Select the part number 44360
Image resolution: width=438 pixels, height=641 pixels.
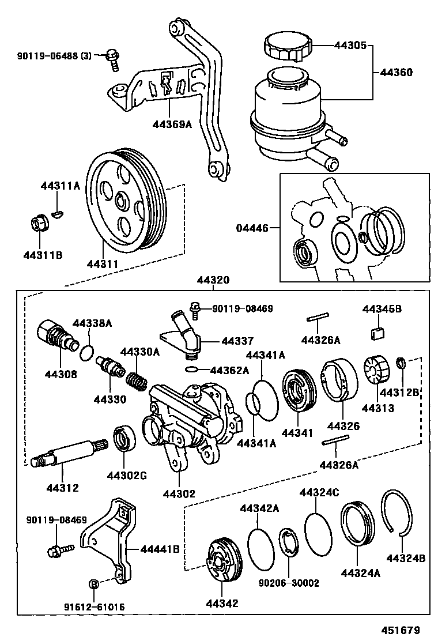coord(396,73)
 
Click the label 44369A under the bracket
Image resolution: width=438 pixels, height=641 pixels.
coord(172,123)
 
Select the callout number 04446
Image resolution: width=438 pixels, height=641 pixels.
coord(252,228)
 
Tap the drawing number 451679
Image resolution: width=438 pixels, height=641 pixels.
coord(401,630)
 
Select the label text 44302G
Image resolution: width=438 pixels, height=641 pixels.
coord(127,475)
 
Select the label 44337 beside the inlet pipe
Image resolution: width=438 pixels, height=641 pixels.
coord(237,341)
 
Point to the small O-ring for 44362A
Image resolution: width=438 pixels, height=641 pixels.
coord(192,370)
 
